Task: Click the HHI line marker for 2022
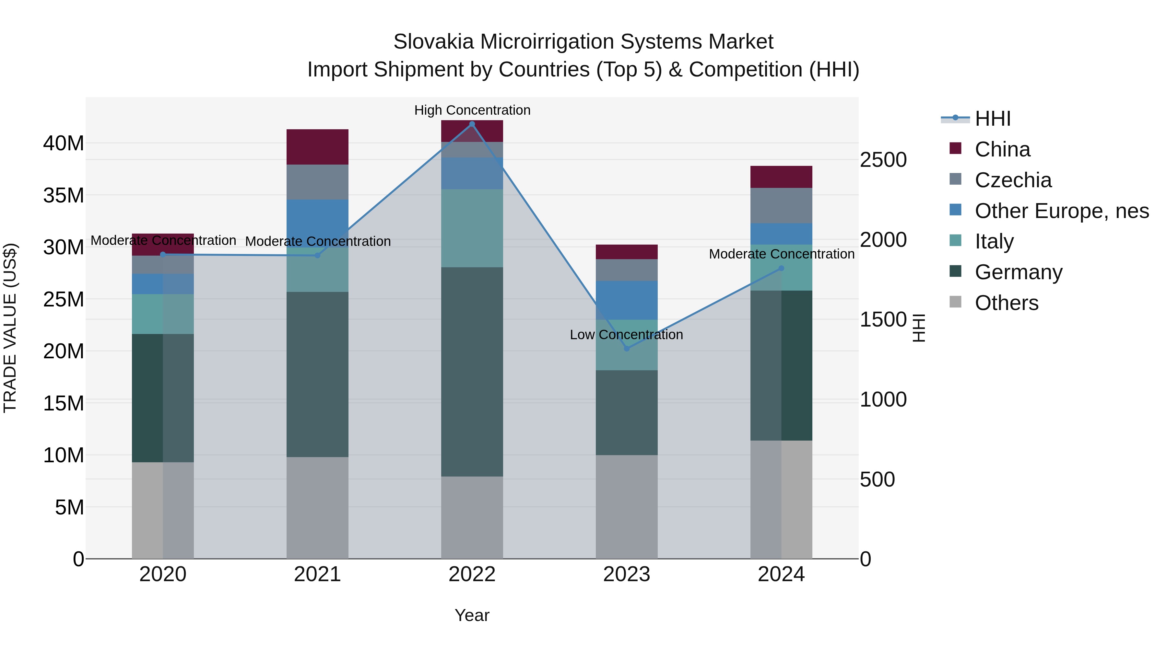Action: click(472, 124)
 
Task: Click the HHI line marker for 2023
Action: click(627, 349)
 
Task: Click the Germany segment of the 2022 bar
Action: click(472, 371)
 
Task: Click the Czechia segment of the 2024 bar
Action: click(781, 205)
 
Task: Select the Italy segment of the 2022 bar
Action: click(472, 228)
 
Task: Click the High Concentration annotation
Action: click(472, 110)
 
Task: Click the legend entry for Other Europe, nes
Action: click(1061, 211)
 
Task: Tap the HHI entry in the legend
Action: click(992, 119)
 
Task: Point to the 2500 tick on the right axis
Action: click(883, 160)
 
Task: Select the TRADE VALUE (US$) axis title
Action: click(10, 328)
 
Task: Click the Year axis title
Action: click(472, 615)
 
